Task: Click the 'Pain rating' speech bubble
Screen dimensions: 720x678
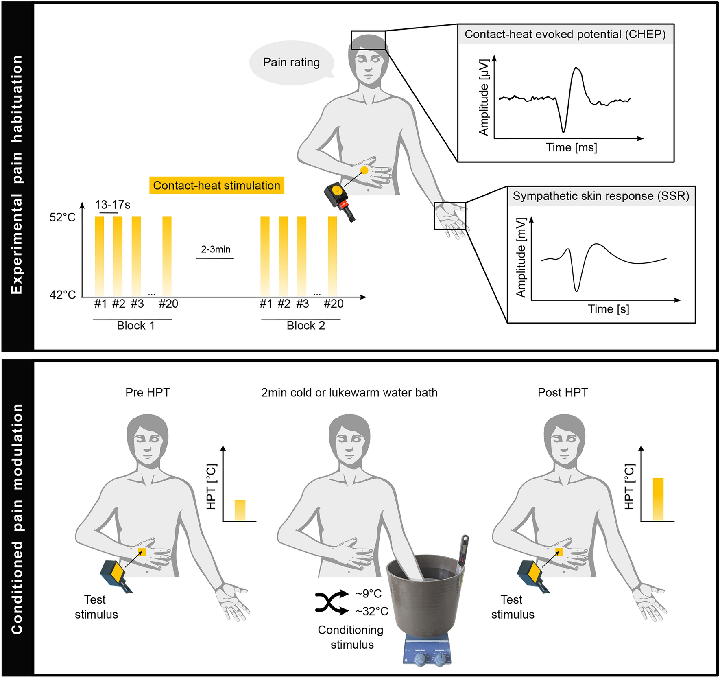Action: click(291, 62)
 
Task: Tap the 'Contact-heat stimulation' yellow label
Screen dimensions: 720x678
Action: click(216, 186)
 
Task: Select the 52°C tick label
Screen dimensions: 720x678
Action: click(62, 217)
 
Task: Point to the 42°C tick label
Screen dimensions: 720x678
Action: click(62, 294)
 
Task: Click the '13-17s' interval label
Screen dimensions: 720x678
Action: click(112, 205)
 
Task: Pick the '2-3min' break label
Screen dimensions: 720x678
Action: click(216, 249)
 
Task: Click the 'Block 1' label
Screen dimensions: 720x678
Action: click(135, 326)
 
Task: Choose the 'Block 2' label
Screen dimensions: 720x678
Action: click(305, 326)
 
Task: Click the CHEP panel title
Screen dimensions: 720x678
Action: click(565, 34)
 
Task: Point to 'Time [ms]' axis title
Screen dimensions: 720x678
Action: click(571, 147)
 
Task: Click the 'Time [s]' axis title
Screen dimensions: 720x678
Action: click(608, 309)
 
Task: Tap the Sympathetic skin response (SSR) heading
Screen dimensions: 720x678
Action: click(601, 196)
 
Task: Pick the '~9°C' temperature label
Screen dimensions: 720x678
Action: click(369, 593)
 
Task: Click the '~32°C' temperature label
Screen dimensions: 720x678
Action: click(372, 611)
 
